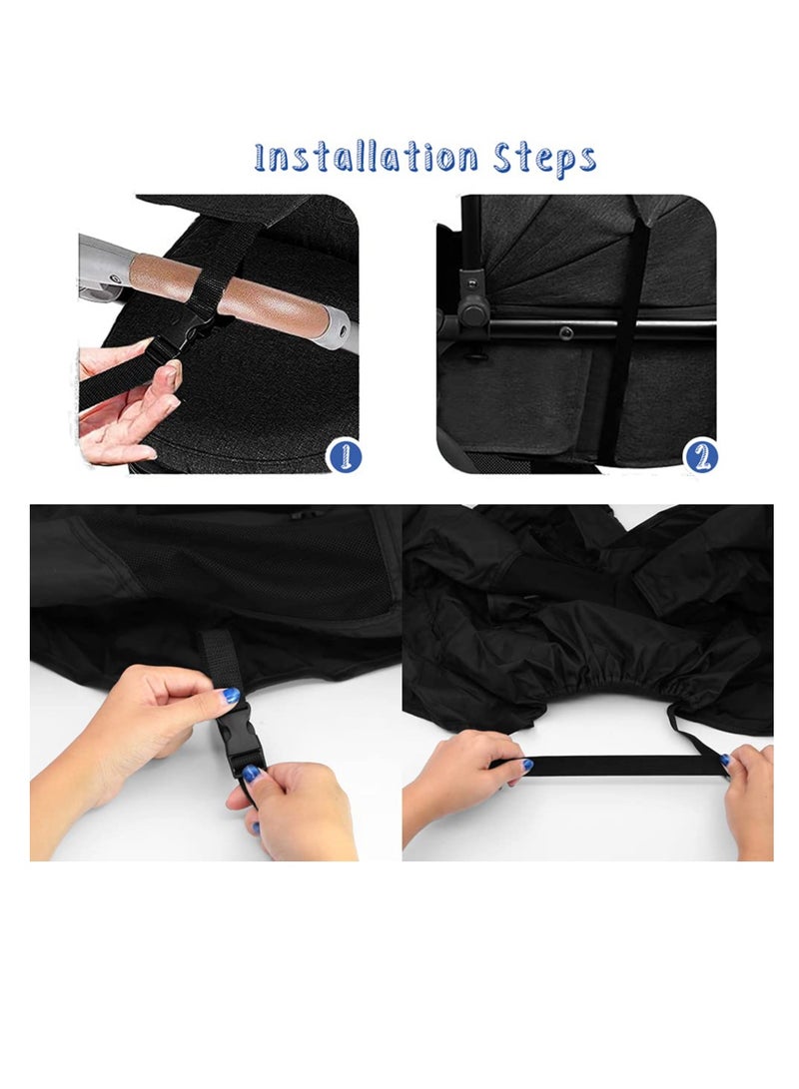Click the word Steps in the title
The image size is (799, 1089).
point(544,159)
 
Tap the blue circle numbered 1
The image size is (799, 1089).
point(344,456)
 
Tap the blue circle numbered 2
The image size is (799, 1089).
point(701,456)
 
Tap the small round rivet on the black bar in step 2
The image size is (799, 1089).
point(566,331)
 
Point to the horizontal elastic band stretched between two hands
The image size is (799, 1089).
point(610,764)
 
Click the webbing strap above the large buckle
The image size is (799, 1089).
point(217,666)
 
